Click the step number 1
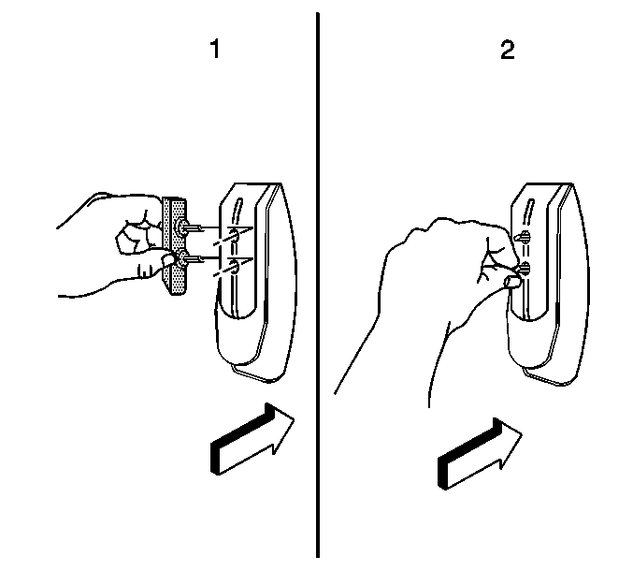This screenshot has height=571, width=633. [216, 49]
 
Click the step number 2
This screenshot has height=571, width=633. [508, 51]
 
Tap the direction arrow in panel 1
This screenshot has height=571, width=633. [252, 438]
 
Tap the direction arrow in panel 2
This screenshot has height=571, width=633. [480, 453]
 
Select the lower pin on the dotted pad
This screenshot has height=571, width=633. [188, 258]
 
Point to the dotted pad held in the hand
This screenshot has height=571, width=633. [175, 245]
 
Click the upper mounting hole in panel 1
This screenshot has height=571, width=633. [234, 236]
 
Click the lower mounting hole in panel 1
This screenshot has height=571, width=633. [234, 267]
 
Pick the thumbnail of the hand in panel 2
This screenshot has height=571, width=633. [512, 282]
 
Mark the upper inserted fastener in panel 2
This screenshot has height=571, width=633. [524, 237]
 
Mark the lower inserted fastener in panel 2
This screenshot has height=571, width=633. [525, 268]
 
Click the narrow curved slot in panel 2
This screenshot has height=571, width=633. [529, 211]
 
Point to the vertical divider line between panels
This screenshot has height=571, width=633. [318, 285]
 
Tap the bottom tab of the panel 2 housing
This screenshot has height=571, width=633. [546, 375]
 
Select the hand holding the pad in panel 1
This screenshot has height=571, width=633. [117, 245]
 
